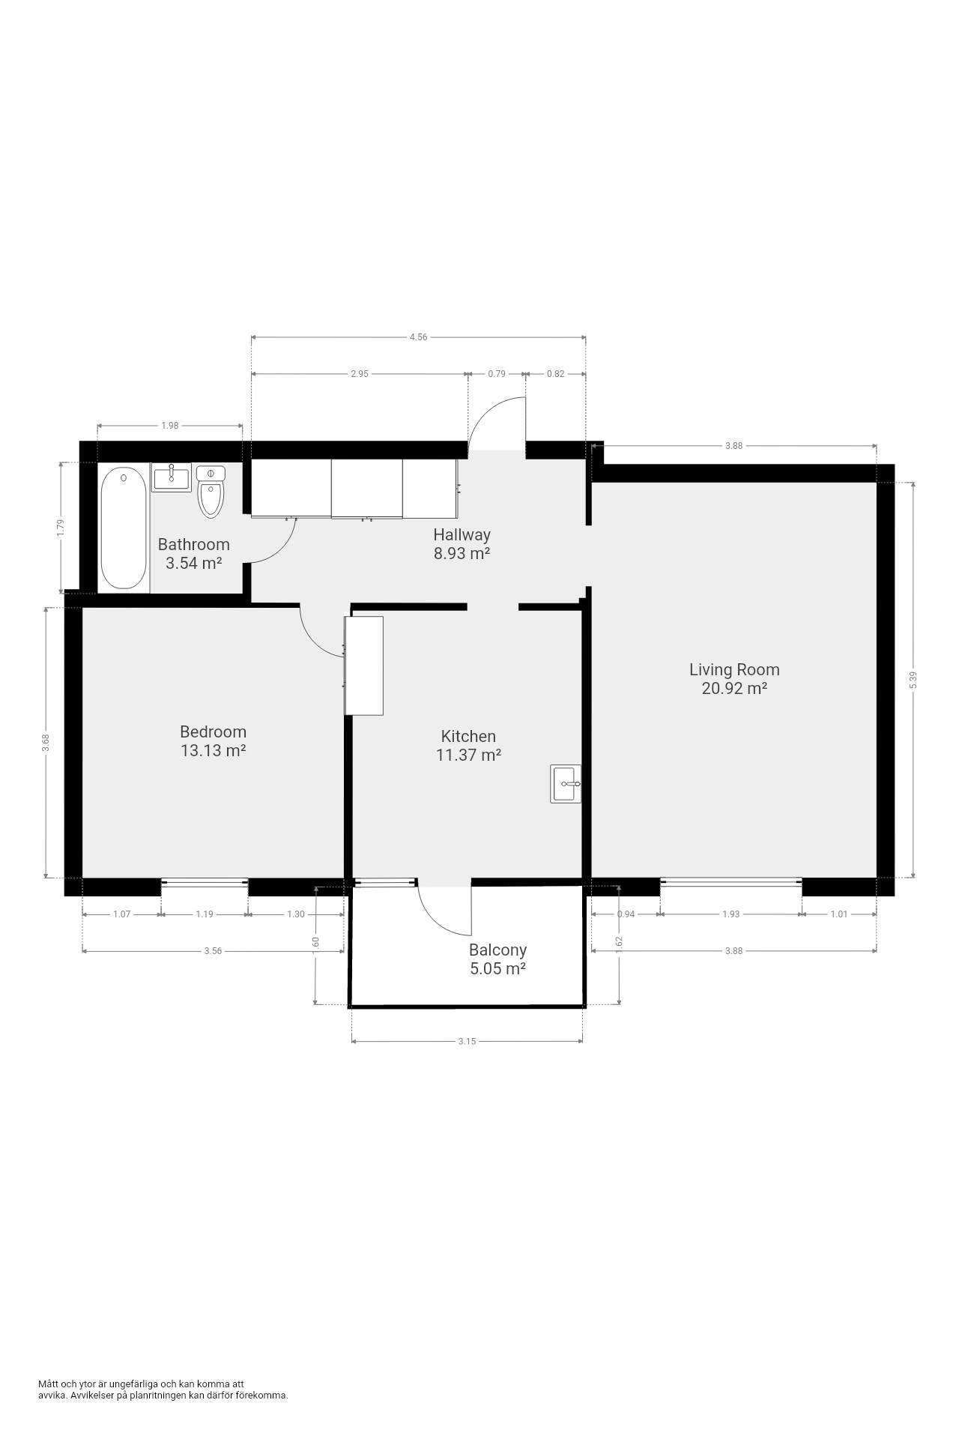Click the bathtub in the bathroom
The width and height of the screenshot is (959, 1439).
(124, 528)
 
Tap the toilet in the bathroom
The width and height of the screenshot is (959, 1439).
(211, 492)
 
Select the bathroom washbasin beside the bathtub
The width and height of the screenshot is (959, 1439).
(172, 477)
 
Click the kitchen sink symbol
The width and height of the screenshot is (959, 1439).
(566, 784)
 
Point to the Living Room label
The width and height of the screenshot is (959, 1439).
(734, 669)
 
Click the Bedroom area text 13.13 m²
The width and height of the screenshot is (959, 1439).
(214, 750)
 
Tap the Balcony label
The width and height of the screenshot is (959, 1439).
(497, 950)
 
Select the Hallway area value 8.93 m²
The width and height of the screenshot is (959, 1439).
(462, 554)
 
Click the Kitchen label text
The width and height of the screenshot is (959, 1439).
(468, 737)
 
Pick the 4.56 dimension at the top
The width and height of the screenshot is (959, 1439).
(418, 337)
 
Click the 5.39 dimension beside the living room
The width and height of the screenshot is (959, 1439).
(913, 680)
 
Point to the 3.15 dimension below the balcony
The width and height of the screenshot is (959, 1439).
(467, 1041)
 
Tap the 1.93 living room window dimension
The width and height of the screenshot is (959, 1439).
(731, 914)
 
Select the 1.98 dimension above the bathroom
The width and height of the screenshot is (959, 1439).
(170, 426)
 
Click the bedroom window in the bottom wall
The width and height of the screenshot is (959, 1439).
(205, 882)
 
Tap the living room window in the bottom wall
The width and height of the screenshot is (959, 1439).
(731, 882)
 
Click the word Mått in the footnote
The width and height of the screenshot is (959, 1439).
(47, 1384)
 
